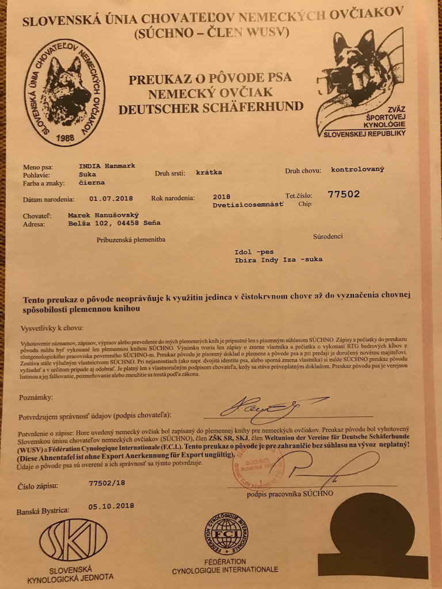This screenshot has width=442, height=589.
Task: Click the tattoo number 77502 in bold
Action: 343,194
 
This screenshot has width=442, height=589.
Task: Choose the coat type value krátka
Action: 209,171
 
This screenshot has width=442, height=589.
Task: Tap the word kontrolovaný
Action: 357,170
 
